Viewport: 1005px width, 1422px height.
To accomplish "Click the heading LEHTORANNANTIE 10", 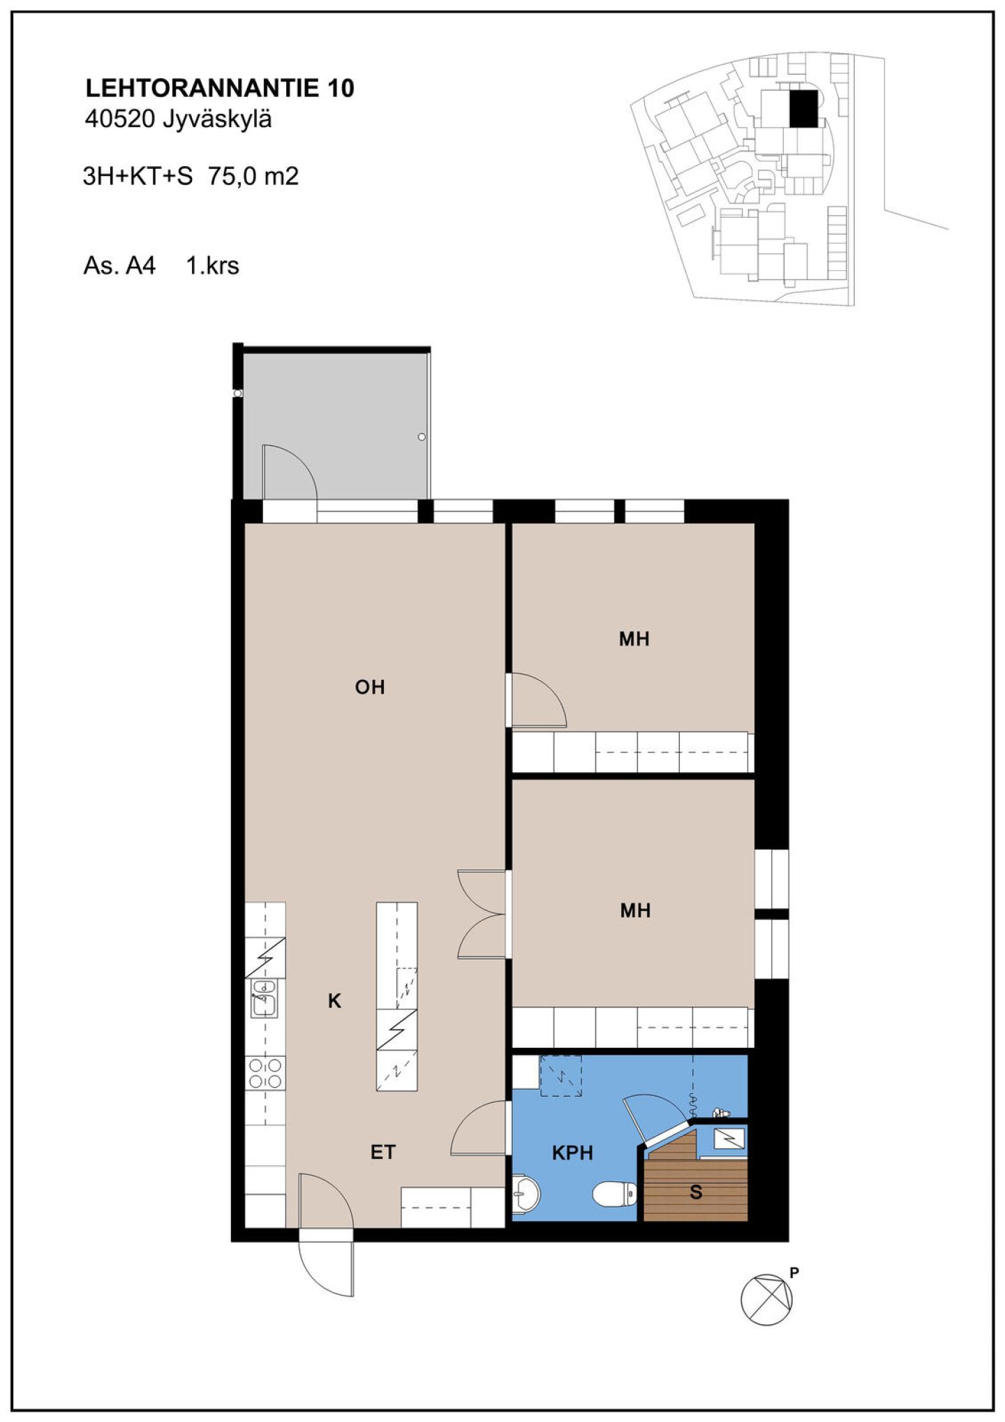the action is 220,88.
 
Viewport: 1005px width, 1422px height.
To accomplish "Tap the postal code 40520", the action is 119,119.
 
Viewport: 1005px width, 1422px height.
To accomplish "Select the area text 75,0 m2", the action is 253,176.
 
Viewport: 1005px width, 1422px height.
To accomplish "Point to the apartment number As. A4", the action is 119,266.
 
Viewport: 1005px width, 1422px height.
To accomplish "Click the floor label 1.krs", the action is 212,266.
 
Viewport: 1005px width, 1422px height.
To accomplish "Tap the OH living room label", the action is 370,688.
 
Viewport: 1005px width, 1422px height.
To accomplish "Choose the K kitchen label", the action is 335,1002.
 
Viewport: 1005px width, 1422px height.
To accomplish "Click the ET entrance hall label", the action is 383,1153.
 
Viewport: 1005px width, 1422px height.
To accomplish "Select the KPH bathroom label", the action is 572,1153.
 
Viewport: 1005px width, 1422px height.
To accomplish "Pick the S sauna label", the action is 696,1192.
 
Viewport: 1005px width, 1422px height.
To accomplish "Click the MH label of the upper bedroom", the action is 634,639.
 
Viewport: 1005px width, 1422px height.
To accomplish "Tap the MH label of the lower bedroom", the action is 636,910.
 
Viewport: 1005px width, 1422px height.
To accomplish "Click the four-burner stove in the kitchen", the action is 266,1074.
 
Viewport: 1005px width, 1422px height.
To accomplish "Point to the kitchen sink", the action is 264,999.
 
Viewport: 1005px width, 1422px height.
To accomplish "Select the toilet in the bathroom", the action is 615,1194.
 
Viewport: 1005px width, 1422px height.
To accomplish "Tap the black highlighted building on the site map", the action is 803,109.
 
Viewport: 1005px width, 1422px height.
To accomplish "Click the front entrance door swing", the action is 326,1262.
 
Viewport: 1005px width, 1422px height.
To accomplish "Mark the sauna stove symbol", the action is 729,1139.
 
